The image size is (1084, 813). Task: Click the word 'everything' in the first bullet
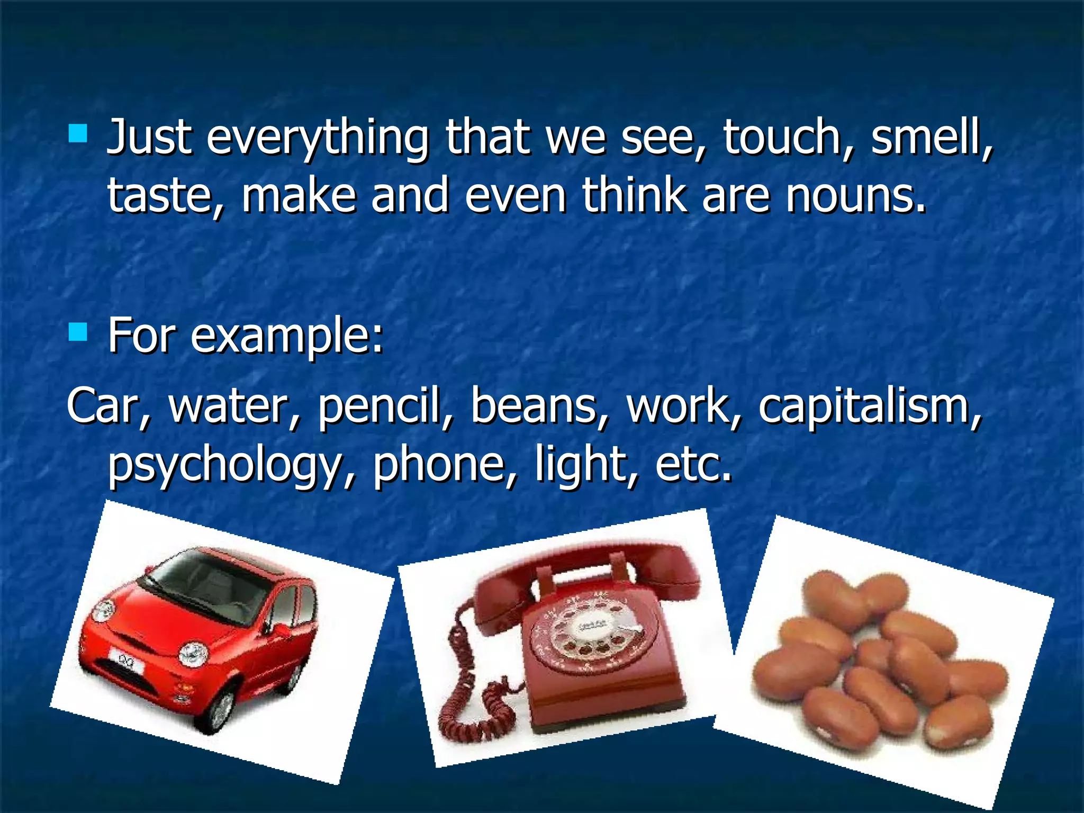coord(317,139)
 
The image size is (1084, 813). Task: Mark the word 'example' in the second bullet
coord(286,337)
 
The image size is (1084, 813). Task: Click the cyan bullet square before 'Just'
coord(78,133)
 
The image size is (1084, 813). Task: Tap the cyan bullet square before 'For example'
coord(78,332)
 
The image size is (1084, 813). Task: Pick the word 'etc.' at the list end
coord(693,465)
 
